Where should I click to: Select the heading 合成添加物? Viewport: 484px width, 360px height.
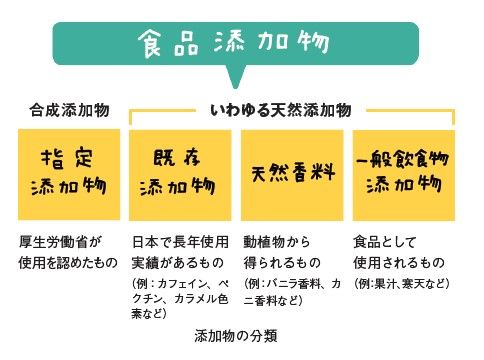[x=68, y=110]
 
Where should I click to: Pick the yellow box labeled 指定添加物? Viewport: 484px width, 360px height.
[x=68, y=172]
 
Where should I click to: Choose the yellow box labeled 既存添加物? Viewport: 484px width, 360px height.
[x=182, y=172]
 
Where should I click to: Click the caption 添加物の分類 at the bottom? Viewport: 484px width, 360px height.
[x=236, y=334]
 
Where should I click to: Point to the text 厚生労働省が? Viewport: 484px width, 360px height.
[x=60, y=243]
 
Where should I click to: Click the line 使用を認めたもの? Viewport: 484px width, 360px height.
[x=68, y=263]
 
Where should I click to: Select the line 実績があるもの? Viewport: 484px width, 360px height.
[x=176, y=263]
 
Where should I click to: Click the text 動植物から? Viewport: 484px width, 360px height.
[x=278, y=243]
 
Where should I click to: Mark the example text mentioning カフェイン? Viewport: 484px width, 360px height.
[x=182, y=297]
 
